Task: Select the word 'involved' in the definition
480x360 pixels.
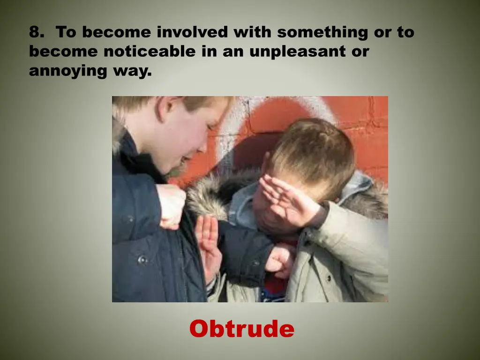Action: tap(192, 32)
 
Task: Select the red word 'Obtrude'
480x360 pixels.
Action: tap(241, 329)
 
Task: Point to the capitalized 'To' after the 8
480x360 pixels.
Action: tap(66, 32)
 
